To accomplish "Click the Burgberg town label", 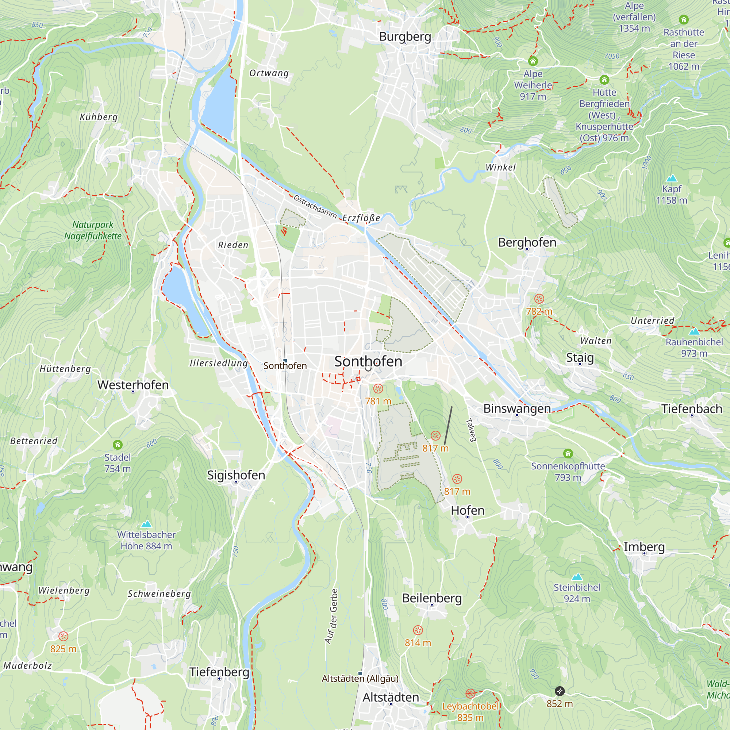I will click(405, 36).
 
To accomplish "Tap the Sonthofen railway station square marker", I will click(285, 361).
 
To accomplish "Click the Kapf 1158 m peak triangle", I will click(672, 178).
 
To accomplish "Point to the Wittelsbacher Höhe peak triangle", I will click(146, 524).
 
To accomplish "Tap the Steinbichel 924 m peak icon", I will click(577, 577).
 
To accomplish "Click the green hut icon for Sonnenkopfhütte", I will click(568, 453).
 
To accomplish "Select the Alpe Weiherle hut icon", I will click(533, 61).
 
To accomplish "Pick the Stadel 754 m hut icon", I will click(118, 444).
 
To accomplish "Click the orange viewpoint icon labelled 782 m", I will click(539, 299).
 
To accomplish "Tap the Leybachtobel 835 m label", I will click(470, 711).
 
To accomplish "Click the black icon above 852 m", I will click(560, 691).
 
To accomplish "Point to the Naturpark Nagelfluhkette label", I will click(93, 230).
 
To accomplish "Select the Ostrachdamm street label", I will click(315, 207).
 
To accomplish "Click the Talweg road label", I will click(471, 430).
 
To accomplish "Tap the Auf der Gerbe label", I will click(332, 616).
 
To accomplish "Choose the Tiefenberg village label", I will click(219, 672).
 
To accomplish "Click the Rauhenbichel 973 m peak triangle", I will click(694, 332).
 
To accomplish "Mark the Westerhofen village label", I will click(133, 385).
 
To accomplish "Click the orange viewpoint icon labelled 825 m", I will click(64, 636).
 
